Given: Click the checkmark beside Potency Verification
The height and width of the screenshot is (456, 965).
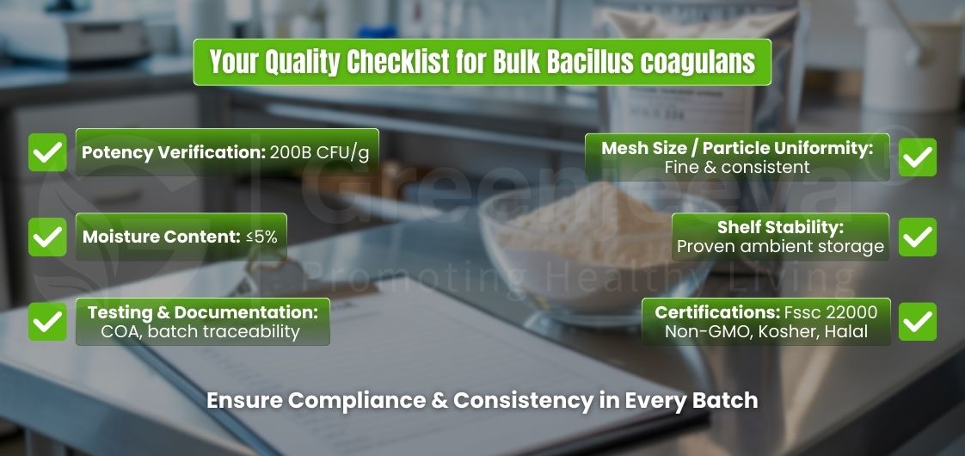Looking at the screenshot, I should [47, 152].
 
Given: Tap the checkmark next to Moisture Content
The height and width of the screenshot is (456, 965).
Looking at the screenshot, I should [47, 236].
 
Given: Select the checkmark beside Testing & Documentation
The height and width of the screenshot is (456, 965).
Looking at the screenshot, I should [47, 321].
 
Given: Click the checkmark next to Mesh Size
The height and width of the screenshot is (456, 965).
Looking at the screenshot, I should [917, 157].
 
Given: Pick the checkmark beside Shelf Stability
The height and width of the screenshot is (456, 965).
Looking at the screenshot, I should [917, 237].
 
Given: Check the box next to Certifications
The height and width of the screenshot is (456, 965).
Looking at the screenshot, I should [917, 321].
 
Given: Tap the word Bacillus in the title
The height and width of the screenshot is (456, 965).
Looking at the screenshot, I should [569, 62].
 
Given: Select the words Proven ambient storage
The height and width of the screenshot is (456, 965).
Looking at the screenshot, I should [780, 247].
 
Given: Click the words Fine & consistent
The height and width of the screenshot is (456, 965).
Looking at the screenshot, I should [737, 167].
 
